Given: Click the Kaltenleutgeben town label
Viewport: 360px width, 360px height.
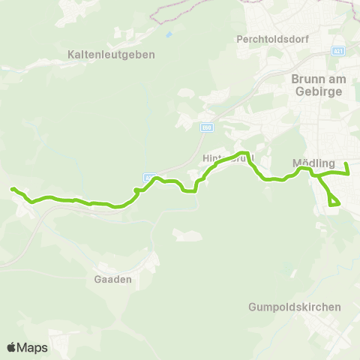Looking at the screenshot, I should pos(110,55).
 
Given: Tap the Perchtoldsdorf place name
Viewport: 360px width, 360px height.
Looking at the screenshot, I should pos(268,38).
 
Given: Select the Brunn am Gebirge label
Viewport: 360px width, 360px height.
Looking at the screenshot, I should pos(316,83).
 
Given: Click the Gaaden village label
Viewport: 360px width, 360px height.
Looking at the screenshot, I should pos(115,278).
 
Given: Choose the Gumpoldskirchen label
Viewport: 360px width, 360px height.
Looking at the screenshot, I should pos(295,307).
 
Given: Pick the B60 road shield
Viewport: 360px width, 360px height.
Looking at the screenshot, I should pos(205,127).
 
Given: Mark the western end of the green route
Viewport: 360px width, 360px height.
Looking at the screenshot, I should pos(13,189).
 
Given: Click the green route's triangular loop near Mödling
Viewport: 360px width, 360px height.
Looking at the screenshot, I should pos(332,199).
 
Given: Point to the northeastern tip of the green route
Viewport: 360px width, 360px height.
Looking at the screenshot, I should pos(346,163).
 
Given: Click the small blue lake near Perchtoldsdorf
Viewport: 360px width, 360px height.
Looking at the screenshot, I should pos(169,34).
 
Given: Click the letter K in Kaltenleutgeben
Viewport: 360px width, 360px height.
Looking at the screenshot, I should pos(70,55).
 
